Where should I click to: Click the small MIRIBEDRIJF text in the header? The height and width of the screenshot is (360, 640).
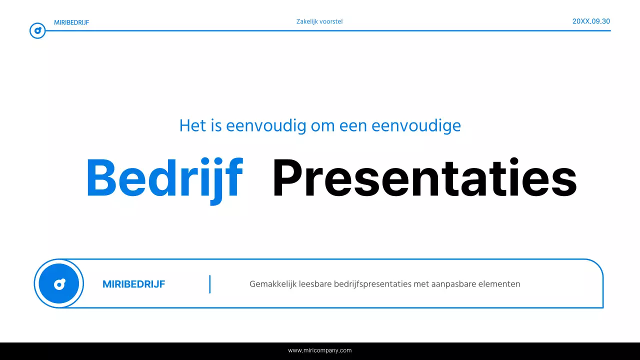click(71, 22)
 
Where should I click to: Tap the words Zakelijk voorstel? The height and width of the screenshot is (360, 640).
click(319, 21)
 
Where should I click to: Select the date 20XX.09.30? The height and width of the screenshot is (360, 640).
click(591, 21)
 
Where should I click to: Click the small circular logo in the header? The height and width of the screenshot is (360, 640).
click(37, 31)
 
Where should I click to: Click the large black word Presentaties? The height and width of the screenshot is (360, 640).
click(424, 178)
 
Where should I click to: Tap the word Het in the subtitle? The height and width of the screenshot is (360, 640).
click(192, 125)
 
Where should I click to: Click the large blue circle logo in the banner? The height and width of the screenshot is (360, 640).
click(59, 283)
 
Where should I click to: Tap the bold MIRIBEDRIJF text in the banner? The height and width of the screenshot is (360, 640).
click(133, 284)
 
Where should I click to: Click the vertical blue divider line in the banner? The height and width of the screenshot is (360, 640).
click(210, 284)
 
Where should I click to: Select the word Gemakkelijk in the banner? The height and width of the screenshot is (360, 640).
click(272, 284)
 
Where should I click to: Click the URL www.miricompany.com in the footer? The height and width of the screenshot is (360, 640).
click(320, 350)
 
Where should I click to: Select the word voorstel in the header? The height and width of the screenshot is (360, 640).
click(331, 21)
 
